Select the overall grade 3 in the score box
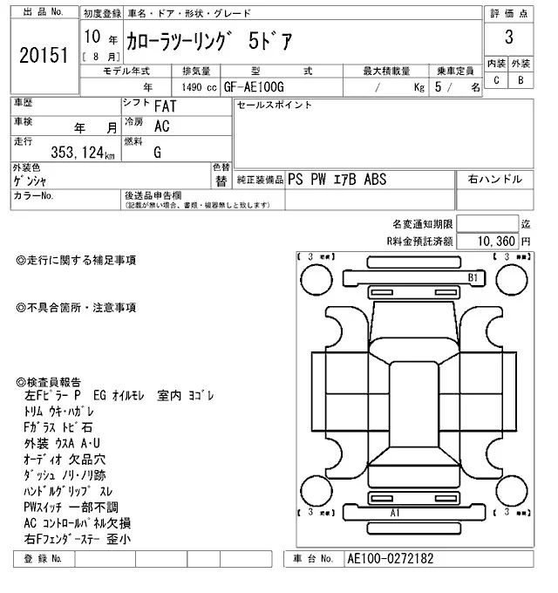[507, 38]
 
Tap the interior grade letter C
[496, 81]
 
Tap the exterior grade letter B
[521, 81]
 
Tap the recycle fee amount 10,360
[498, 240]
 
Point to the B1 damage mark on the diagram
[474, 277]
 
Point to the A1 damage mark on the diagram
[394, 513]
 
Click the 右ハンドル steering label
[494, 179]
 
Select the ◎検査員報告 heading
[50, 382]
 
